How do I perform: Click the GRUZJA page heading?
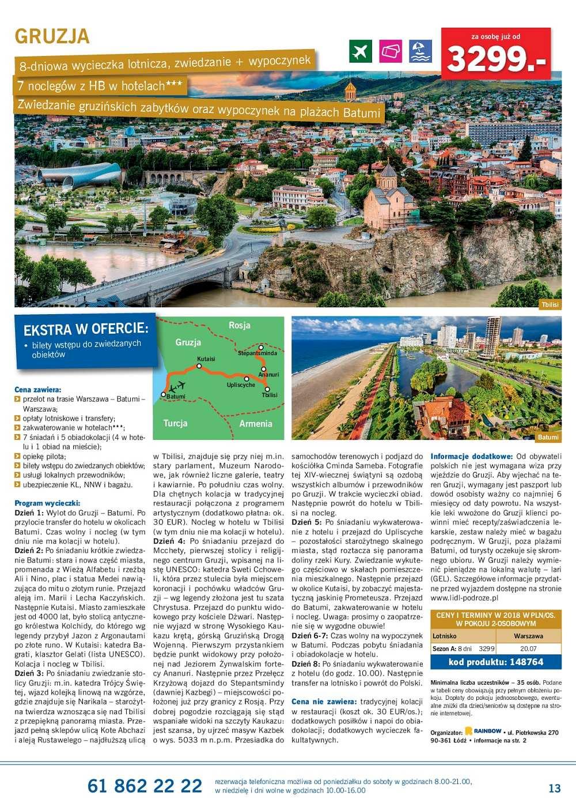pyautogui.click(x=52, y=36)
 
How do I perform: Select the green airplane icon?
pyautogui.click(x=361, y=51)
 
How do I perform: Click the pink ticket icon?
pyautogui.click(x=391, y=51)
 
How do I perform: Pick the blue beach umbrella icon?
pyautogui.click(x=420, y=51)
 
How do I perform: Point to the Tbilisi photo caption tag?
pyautogui.click(x=550, y=305)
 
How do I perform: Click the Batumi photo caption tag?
pyautogui.click(x=548, y=438)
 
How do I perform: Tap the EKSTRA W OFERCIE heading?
pyautogui.click(x=86, y=329)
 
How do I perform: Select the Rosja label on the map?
pyautogui.click(x=240, y=325)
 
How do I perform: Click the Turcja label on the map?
pyautogui.click(x=175, y=423)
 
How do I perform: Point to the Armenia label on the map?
pyautogui.click(x=256, y=424)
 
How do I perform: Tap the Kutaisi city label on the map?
pyautogui.click(x=206, y=359)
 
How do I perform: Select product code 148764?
pyautogui.click(x=496, y=662)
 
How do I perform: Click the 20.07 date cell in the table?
pyautogui.click(x=528, y=648)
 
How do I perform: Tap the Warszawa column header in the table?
pyautogui.click(x=528, y=636)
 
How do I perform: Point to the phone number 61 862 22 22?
pyautogui.click(x=145, y=786)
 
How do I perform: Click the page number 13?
pyautogui.click(x=554, y=788)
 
